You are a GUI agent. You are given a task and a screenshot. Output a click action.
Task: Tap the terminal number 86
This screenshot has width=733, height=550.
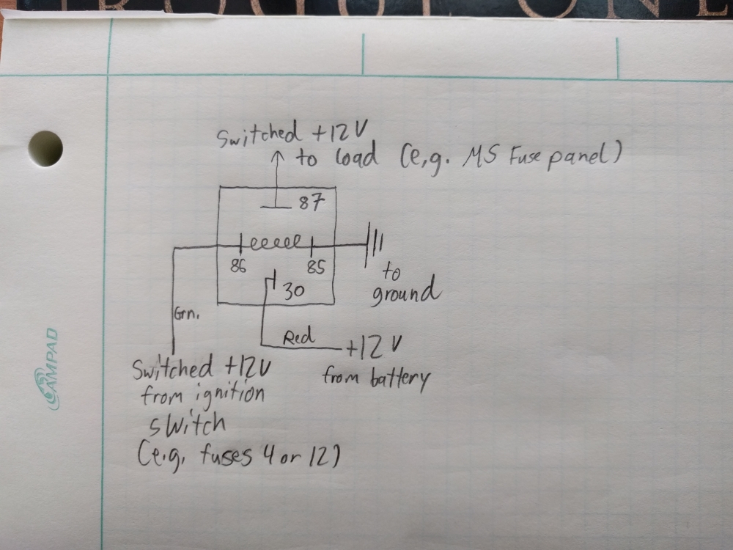point(237,267)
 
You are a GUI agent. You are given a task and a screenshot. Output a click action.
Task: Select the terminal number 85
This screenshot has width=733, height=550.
point(315,267)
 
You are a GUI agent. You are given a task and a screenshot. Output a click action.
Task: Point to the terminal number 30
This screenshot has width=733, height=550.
point(294,292)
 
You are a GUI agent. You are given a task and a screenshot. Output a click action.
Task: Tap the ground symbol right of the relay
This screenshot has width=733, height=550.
point(374,243)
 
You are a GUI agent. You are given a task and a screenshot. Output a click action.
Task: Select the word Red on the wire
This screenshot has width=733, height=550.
point(298,337)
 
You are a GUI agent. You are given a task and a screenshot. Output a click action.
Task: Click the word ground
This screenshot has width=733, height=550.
point(406,291)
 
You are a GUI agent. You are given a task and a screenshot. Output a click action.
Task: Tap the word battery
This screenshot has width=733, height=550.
point(402,379)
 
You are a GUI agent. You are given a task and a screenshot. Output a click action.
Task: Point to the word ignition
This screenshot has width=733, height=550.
point(229,397)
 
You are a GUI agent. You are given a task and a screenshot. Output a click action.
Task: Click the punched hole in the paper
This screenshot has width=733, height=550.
point(45,149)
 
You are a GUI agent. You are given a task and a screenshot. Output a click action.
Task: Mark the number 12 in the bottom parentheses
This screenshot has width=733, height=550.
point(320,457)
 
